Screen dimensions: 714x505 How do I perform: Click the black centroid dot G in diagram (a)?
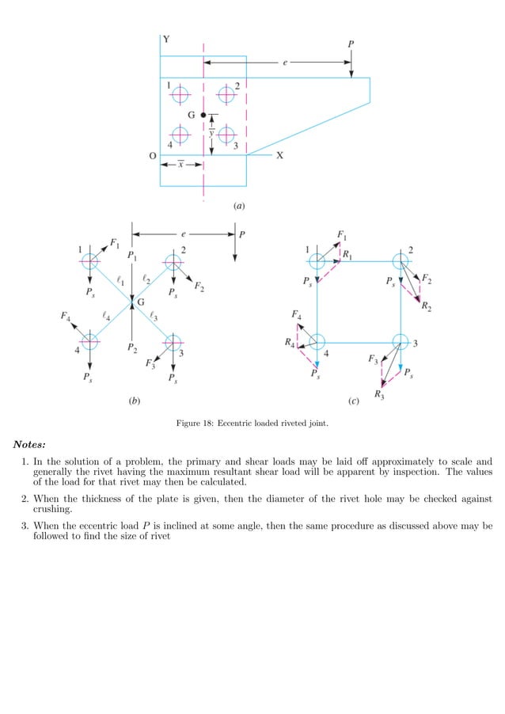pos(203,116)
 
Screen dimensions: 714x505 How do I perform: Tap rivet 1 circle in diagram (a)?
pos(181,94)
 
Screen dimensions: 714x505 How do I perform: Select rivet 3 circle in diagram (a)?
pos(227,135)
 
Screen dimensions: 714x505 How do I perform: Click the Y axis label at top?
pos(165,39)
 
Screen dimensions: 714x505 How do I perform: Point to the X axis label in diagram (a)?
pos(279,156)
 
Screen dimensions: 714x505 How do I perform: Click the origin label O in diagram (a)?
pos(153,156)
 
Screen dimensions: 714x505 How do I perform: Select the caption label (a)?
pos(239,206)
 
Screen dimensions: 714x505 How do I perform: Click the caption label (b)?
pos(135,401)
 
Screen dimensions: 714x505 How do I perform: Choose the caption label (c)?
pos(354,401)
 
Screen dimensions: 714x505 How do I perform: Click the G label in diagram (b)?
pos(141,303)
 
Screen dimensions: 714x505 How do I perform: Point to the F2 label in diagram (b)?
pos(199,286)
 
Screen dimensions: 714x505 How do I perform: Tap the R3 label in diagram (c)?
pos(379,394)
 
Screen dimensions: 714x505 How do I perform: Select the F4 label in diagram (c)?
pos(296,315)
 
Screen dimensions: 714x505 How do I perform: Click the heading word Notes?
pos(28,443)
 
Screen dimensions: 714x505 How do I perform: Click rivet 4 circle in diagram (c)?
pos(317,342)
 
